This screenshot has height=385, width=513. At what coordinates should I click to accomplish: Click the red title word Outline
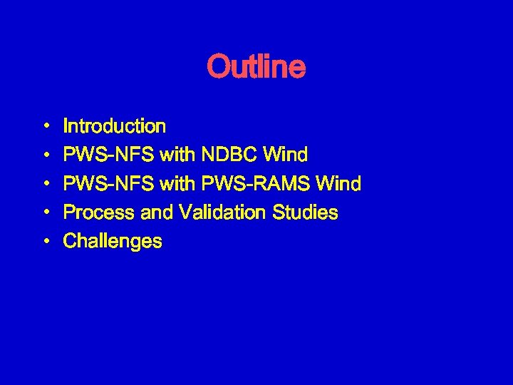(x=256, y=68)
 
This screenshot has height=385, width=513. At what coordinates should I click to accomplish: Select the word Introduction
(x=115, y=127)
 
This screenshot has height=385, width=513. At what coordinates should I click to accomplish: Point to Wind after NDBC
(x=285, y=155)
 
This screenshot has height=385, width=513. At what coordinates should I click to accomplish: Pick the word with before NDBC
(x=179, y=155)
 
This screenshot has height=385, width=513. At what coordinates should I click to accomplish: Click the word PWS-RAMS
(x=256, y=184)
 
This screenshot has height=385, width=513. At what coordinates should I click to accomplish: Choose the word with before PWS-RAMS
(x=179, y=184)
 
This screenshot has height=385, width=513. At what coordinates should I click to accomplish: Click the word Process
(x=95, y=212)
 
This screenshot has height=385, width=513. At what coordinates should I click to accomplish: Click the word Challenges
(x=113, y=242)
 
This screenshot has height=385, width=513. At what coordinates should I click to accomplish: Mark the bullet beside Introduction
(x=46, y=127)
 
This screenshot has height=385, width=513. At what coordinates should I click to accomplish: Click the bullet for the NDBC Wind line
(x=46, y=155)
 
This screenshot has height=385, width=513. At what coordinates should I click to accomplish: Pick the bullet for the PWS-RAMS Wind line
(x=46, y=185)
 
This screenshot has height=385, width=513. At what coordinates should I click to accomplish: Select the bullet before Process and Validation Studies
(x=46, y=213)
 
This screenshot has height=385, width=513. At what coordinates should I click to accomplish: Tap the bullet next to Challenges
(x=46, y=242)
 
